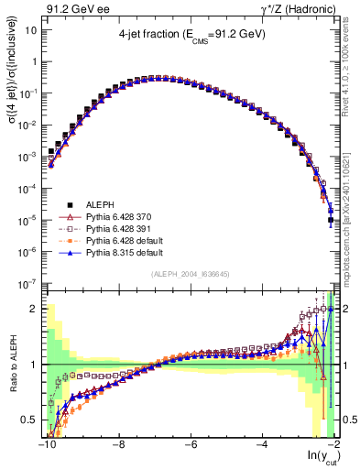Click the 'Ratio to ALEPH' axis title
click(x=12, y=365)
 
